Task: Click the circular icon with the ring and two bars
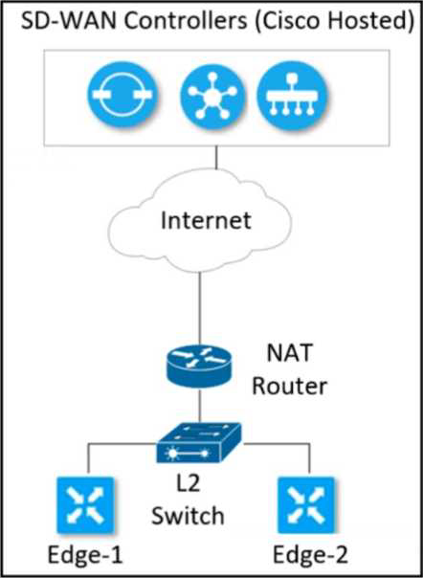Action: click(x=122, y=95)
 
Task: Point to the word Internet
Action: click(x=206, y=221)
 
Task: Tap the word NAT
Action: click(x=288, y=353)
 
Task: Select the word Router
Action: click(x=290, y=387)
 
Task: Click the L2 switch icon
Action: click(x=199, y=442)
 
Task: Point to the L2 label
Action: click(x=187, y=483)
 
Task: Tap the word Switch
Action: click(x=189, y=516)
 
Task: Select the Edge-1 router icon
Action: click(x=85, y=505)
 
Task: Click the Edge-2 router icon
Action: click(x=306, y=505)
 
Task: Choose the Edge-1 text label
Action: click(x=85, y=555)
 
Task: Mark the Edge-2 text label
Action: click(x=310, y=555)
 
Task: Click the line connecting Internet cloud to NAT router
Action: click(x=199, y=308)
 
